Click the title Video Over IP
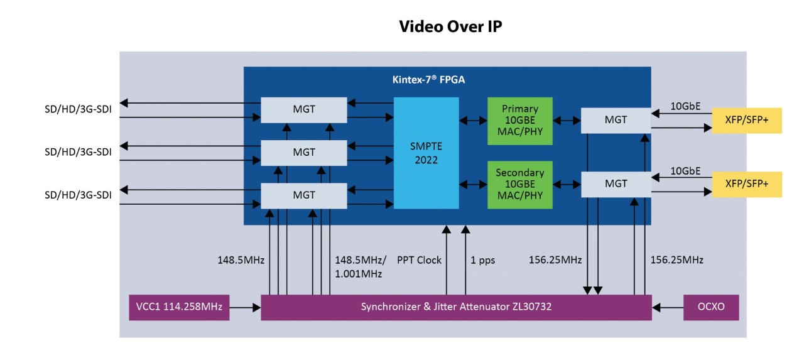click(x=450, y=27)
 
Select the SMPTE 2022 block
click(x=426, y=153)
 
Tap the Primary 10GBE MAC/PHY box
click(x=519, y=121)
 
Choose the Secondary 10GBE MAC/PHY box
click(x=519, y=185)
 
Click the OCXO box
click(x=710, y=307)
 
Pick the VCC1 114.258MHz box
click(x=179, y=307)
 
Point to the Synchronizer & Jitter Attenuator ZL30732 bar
click(x=456, y=307)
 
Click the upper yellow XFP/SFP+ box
click(x=746, y=120)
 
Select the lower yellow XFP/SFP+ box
click(x=746, y=184)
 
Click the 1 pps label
click(x=482, y=260)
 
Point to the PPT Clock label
click(x=419, y=260)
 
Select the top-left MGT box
click(x=303, y=110)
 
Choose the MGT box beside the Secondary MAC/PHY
click(x=616, y=184)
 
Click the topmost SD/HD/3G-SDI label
click(x=78, y=110)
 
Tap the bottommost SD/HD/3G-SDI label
click(x=78, y=195)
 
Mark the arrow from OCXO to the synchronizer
click(x=668, y=308)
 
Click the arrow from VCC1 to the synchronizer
click(x=246, y=308)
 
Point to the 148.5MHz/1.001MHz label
click(x=361, y=266)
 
